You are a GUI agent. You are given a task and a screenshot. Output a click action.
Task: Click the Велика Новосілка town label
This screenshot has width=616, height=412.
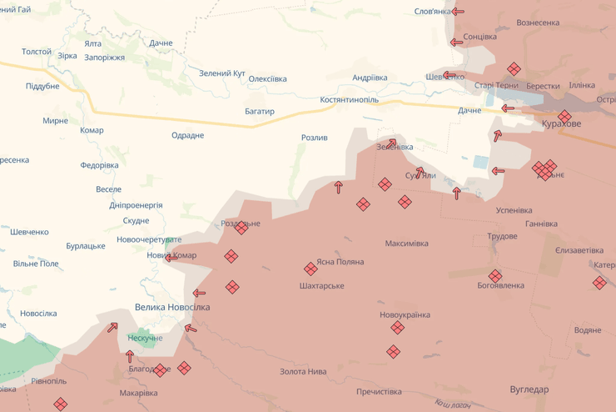172,307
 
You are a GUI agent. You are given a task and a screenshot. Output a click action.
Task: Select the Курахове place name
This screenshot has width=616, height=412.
562,123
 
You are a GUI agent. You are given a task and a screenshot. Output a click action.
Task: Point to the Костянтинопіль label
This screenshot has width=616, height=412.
349,99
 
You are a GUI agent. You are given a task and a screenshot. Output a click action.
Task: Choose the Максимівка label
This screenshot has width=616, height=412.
406,244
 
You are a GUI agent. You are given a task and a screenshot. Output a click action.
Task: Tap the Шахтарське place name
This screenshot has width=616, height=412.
321,286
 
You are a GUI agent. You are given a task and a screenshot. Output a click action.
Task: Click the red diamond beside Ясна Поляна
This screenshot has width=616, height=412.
310,269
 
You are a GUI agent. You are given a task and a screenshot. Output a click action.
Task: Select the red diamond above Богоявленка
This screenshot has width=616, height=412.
495,275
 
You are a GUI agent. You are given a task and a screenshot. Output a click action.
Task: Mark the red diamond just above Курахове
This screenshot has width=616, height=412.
564,116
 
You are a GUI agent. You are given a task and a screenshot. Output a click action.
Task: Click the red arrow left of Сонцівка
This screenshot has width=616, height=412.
456,42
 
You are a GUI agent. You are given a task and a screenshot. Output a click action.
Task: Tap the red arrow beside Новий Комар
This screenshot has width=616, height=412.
170,258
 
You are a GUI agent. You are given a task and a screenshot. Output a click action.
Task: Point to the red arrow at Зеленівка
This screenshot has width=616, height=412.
391,143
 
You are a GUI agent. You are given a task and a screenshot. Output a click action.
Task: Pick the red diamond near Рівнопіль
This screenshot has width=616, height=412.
60,404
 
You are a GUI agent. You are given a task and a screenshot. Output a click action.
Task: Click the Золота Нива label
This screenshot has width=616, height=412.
303,371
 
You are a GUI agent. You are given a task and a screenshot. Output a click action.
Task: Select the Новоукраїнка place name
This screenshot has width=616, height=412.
405,314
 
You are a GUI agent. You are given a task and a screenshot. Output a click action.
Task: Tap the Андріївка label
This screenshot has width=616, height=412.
370,78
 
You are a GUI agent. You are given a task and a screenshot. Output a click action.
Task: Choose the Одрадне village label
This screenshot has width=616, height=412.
187,135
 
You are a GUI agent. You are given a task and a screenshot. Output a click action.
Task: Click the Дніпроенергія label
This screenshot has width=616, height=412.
136,205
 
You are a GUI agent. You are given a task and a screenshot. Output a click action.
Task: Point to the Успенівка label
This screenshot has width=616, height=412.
514,210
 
